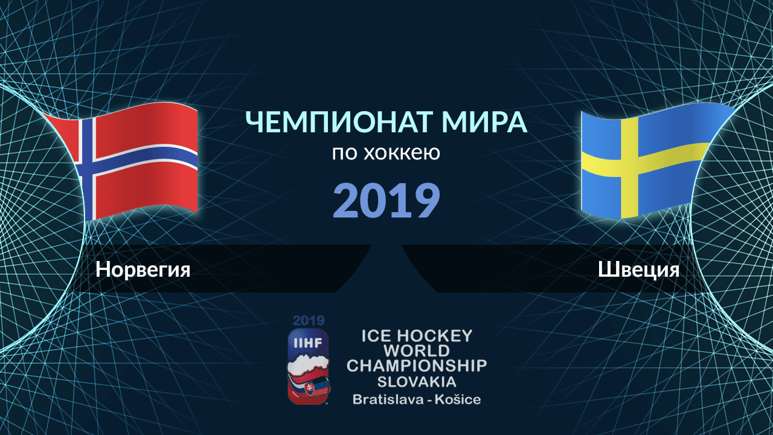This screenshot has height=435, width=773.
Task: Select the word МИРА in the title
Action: (x=484, y=122)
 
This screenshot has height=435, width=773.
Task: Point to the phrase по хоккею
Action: (x=386, y=153)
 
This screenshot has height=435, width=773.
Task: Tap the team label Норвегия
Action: (x=143, y=269)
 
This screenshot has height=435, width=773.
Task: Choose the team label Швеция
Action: (x=638, y=269)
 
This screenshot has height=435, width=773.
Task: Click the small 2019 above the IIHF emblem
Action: (x=309, y=321)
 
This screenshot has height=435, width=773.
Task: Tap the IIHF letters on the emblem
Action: (x=308, y=343)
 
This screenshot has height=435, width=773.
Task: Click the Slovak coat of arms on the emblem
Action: (x=310, y=389)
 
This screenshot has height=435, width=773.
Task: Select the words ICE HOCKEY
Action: (x=417, y=336)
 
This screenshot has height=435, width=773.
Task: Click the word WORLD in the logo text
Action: (x=417, y=351)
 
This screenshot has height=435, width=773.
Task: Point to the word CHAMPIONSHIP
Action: (x=417, y=366)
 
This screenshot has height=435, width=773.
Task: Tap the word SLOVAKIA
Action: (x=417, y=382)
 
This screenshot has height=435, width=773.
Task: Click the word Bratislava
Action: (x=387, y=399)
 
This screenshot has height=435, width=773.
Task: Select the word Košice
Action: (x=458, y=399)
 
